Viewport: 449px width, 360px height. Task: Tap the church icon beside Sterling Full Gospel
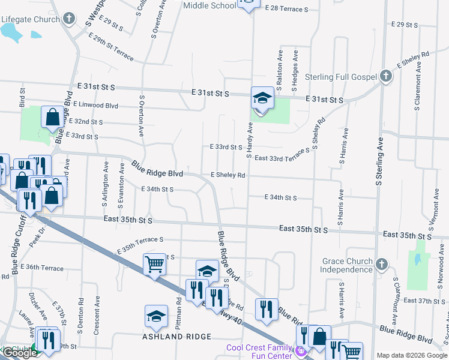pos(385,76)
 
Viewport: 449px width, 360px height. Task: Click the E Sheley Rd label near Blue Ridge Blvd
pos(228,175)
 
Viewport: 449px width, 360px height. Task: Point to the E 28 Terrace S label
pos(286,10)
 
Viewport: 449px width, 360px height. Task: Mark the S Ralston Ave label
pos(280,69)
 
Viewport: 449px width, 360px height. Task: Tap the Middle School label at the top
pos(209,6)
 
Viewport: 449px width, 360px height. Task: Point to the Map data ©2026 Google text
pos(412,355)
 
